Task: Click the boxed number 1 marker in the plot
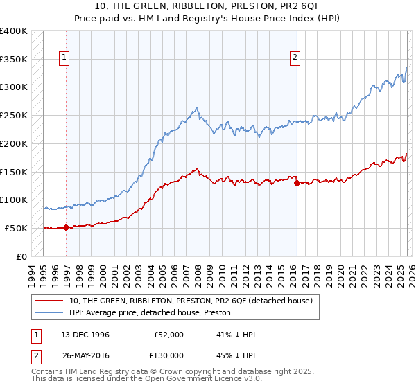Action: tap(64, 58)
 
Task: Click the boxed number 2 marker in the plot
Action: tap(295, 58)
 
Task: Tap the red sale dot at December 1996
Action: tap(67, 227)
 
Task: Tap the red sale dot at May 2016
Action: tap(297, 184)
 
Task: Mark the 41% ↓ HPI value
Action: tap(236, 335)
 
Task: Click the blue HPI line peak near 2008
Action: tap(197, 107)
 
